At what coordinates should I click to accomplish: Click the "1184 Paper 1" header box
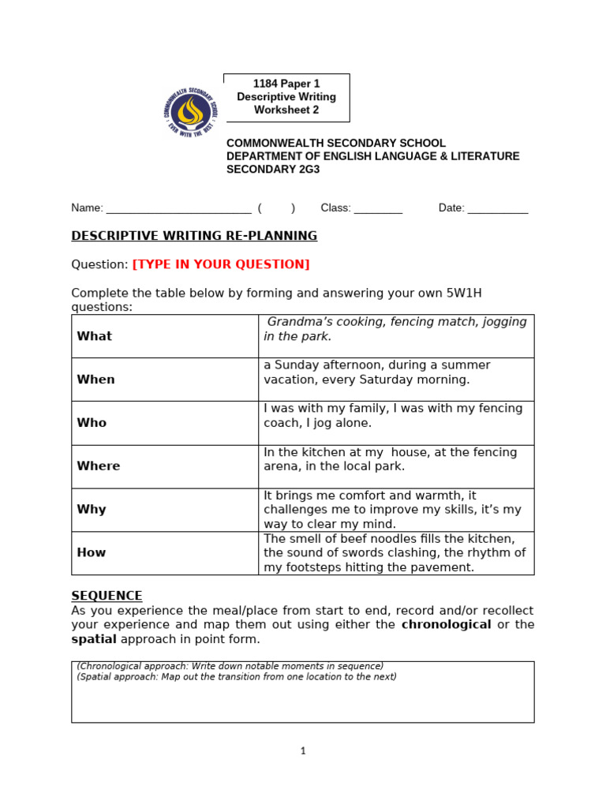point(286,97)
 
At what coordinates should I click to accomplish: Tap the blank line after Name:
point(178,209)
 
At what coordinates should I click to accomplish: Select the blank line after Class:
point(378,209)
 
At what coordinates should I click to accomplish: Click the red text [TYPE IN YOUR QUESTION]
point(221,264)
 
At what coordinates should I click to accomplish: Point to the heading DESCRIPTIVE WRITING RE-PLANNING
point(194,236)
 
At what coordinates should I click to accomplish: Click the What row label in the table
point(95,336)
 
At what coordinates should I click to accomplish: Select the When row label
point(95,380)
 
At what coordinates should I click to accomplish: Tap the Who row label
point(92,423)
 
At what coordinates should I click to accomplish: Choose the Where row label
point(99,466)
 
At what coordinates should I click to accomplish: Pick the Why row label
point(92,510)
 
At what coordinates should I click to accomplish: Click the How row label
point(92,553)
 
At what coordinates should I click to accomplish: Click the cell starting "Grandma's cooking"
point(395,329)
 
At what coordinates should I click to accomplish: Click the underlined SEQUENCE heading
point(107,596)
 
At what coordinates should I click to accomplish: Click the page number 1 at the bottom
point(303,751)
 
